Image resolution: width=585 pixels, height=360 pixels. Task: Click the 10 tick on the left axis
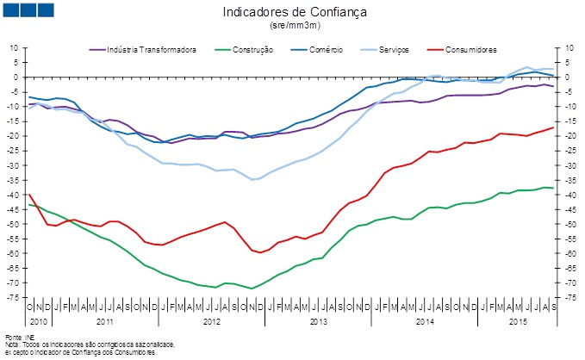[15, 47]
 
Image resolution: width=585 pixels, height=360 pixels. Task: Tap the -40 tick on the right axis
[569, 195]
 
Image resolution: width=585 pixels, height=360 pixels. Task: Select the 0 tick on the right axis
[565, 77]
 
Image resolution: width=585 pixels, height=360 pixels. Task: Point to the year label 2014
[425, 320]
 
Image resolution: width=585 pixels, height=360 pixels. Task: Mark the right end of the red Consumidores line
[553, 127]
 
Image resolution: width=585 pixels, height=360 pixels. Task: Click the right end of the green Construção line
[553, 188]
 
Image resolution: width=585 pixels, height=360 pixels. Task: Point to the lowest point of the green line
[252, 289]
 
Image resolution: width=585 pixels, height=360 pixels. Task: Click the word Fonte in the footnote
[12, 336]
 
